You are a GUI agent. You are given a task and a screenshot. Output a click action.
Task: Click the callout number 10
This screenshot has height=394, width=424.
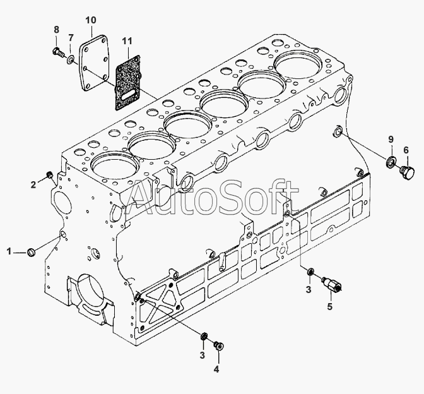tap(91, 20)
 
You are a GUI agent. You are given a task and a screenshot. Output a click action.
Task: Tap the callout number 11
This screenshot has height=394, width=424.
tap(127, 41)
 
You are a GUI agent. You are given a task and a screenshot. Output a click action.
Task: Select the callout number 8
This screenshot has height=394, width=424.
tap(56, 30)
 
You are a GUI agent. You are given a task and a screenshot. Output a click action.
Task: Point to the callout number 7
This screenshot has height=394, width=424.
tap(70, 38)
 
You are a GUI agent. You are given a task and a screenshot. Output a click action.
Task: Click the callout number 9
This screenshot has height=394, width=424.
tap(391, 140)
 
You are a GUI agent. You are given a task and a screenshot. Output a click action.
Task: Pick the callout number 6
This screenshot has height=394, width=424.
tap(406, 150)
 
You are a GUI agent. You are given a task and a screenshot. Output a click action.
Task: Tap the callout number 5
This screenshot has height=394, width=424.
tap(329, 307)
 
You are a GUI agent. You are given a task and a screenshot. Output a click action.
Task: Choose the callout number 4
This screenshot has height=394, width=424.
tap(216, 369)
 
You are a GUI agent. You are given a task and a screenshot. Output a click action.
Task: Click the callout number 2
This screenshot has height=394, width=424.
tap(33, 185)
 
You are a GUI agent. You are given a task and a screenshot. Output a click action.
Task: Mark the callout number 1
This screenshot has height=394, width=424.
tap(9, 252)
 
